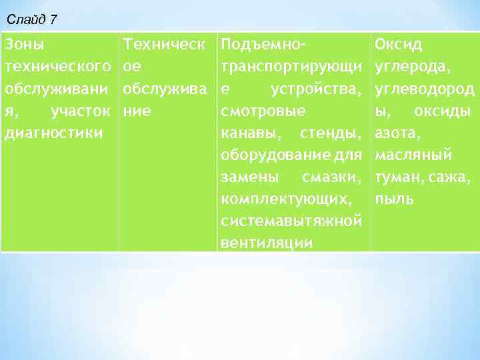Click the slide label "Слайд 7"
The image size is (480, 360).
tap(31, 19)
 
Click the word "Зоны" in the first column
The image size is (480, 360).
tap(25, 45)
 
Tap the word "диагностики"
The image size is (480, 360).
tap(53, 133)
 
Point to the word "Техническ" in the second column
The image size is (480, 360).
tap(165, 45)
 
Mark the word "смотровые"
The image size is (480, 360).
tap(263, 111)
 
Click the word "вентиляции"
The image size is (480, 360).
tap(266, 243)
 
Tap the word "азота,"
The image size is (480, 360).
tap(398, 133)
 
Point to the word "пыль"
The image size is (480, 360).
tap(394, 199)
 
